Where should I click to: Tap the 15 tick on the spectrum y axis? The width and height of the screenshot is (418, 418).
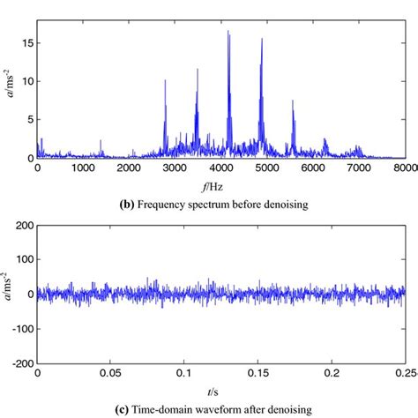(x=26, y=41)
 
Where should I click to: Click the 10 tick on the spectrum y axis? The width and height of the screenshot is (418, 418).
(x=26, y=80)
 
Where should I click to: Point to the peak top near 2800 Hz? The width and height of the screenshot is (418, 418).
(x=165, y=80)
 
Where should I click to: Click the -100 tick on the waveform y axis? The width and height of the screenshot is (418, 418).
(x=20, y=327)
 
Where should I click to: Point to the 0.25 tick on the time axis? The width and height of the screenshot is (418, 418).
(x=405, y=371)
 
